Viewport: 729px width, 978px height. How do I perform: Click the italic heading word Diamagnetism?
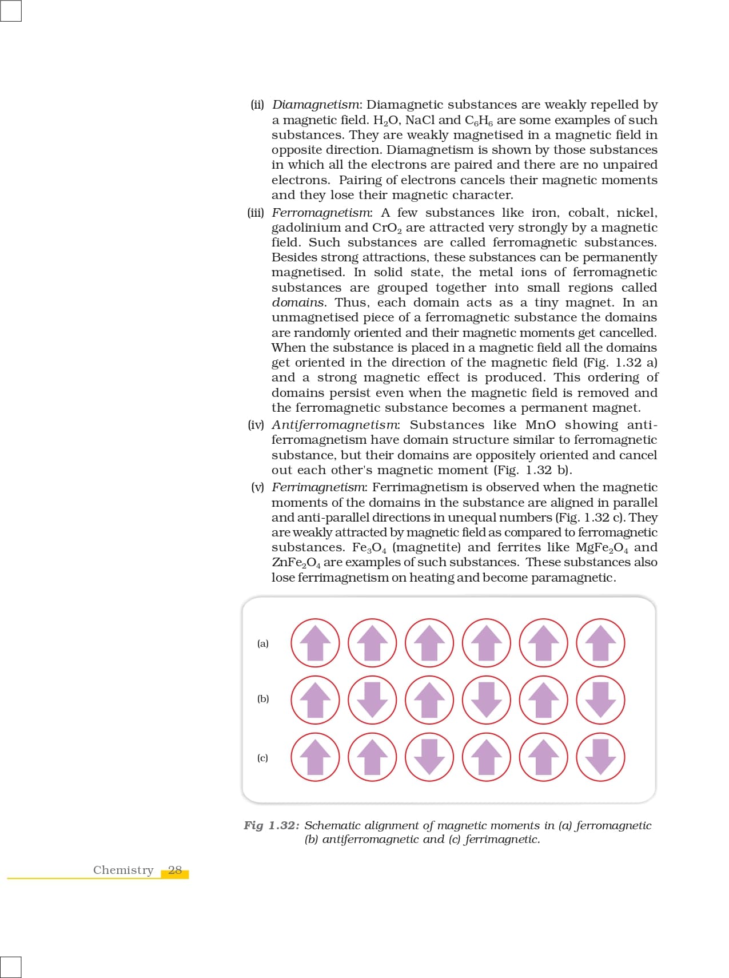tap(316, 105)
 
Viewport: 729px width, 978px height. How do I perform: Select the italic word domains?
tap(298, 303)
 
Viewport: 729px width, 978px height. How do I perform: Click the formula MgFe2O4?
tap(601, 548)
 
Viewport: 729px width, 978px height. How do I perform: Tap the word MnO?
tap(540, 425)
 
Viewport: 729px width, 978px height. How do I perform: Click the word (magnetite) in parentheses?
tap(427, 547)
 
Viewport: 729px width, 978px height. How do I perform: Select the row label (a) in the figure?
tap(262, 643)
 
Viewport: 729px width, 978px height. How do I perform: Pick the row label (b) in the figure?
tap(262, 699)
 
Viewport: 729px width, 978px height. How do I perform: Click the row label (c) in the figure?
tap(262, 758)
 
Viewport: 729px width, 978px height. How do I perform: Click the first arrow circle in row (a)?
tap(315, 643)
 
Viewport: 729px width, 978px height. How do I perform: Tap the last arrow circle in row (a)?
tap(600, 643)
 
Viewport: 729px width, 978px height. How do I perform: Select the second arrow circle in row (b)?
tap(372, 700)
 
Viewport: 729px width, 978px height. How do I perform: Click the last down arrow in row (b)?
tap(600, 700)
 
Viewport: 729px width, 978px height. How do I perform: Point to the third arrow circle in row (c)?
tap(429, 757)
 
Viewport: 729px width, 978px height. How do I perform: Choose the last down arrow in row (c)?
tap(600, 757)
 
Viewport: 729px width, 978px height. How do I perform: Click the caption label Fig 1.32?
tap(271, 825)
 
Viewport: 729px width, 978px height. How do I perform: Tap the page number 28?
tap(175, 870)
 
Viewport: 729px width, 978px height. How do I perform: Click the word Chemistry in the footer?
tap(124, 870)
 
